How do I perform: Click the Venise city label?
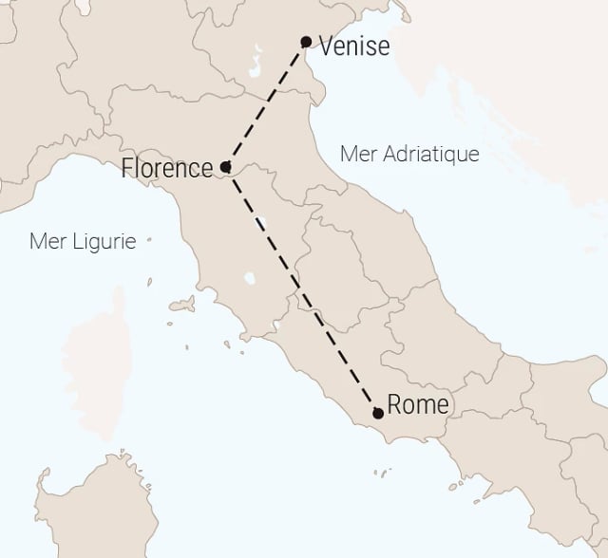click(x=354, y=45)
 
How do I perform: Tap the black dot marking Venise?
click(x=306, y=41)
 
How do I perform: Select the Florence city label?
click(x=167, y=169)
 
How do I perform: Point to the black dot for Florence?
click(x=225, y=167)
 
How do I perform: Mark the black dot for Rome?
click(x=378, y=413)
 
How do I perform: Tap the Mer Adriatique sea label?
click(x=409, y=154)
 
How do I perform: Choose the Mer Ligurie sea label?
click(x=83, y=241)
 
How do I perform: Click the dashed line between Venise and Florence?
click(x=266, y=103)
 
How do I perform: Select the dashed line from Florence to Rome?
click(x=301, y=289)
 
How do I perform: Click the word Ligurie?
click(x=103, y=241)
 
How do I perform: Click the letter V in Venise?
click(x=328, y=45)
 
